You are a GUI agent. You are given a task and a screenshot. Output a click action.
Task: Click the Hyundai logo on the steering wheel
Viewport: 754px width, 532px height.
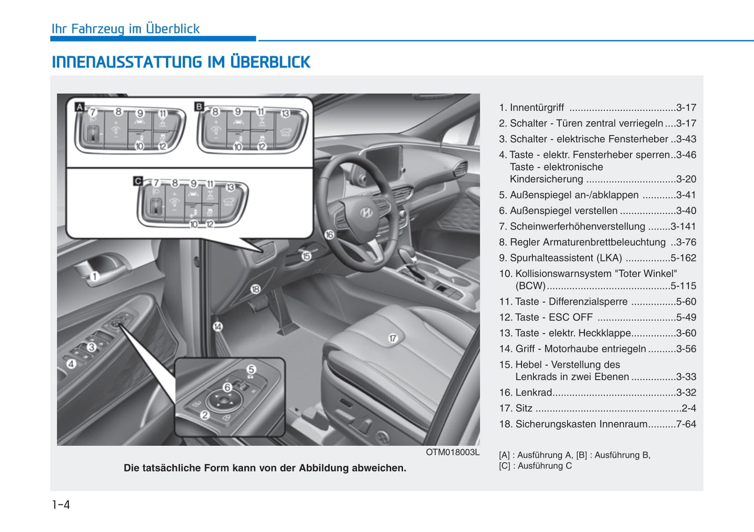[366, 212]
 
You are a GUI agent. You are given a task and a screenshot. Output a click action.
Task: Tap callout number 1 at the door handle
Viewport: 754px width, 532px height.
[94, 276]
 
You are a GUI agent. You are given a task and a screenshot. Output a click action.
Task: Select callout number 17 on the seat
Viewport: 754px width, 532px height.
[392, 338]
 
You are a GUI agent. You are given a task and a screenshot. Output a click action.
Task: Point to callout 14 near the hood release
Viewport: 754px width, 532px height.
[218, 327]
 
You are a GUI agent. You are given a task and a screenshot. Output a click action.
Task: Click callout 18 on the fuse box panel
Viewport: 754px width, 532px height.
[255, 289]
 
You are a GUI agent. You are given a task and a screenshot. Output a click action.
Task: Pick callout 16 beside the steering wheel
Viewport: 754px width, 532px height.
[329, 235]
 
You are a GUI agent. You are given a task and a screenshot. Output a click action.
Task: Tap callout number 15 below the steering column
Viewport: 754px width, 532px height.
[306, 256]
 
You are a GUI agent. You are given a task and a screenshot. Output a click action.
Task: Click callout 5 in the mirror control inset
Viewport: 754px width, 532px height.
[251, 369]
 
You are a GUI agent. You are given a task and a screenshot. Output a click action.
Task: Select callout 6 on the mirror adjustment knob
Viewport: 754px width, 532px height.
[228, 387]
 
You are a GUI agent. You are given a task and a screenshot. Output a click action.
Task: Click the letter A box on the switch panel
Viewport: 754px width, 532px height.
[79, 107]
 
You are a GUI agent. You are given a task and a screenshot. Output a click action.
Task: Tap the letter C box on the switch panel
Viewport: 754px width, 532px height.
[138, 181]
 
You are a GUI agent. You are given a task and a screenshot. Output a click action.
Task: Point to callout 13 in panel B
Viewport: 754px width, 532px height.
[285, 113]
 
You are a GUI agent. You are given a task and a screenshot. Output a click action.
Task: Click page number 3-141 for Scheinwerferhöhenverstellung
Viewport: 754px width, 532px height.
[683, 227]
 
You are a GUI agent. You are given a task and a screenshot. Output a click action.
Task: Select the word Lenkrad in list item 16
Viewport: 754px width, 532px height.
[533, 393]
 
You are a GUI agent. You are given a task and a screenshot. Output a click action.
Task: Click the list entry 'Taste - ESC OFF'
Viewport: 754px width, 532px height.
[554, 317]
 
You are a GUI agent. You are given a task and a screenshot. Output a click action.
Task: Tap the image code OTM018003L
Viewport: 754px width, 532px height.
[452, 452]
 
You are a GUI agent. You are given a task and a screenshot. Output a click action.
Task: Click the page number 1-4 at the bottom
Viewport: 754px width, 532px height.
[61, 504]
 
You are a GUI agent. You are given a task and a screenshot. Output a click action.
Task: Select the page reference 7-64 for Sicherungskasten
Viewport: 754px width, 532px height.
[686, 424]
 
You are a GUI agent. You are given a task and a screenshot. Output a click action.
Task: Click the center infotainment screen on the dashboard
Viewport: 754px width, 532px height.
[384, 160]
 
